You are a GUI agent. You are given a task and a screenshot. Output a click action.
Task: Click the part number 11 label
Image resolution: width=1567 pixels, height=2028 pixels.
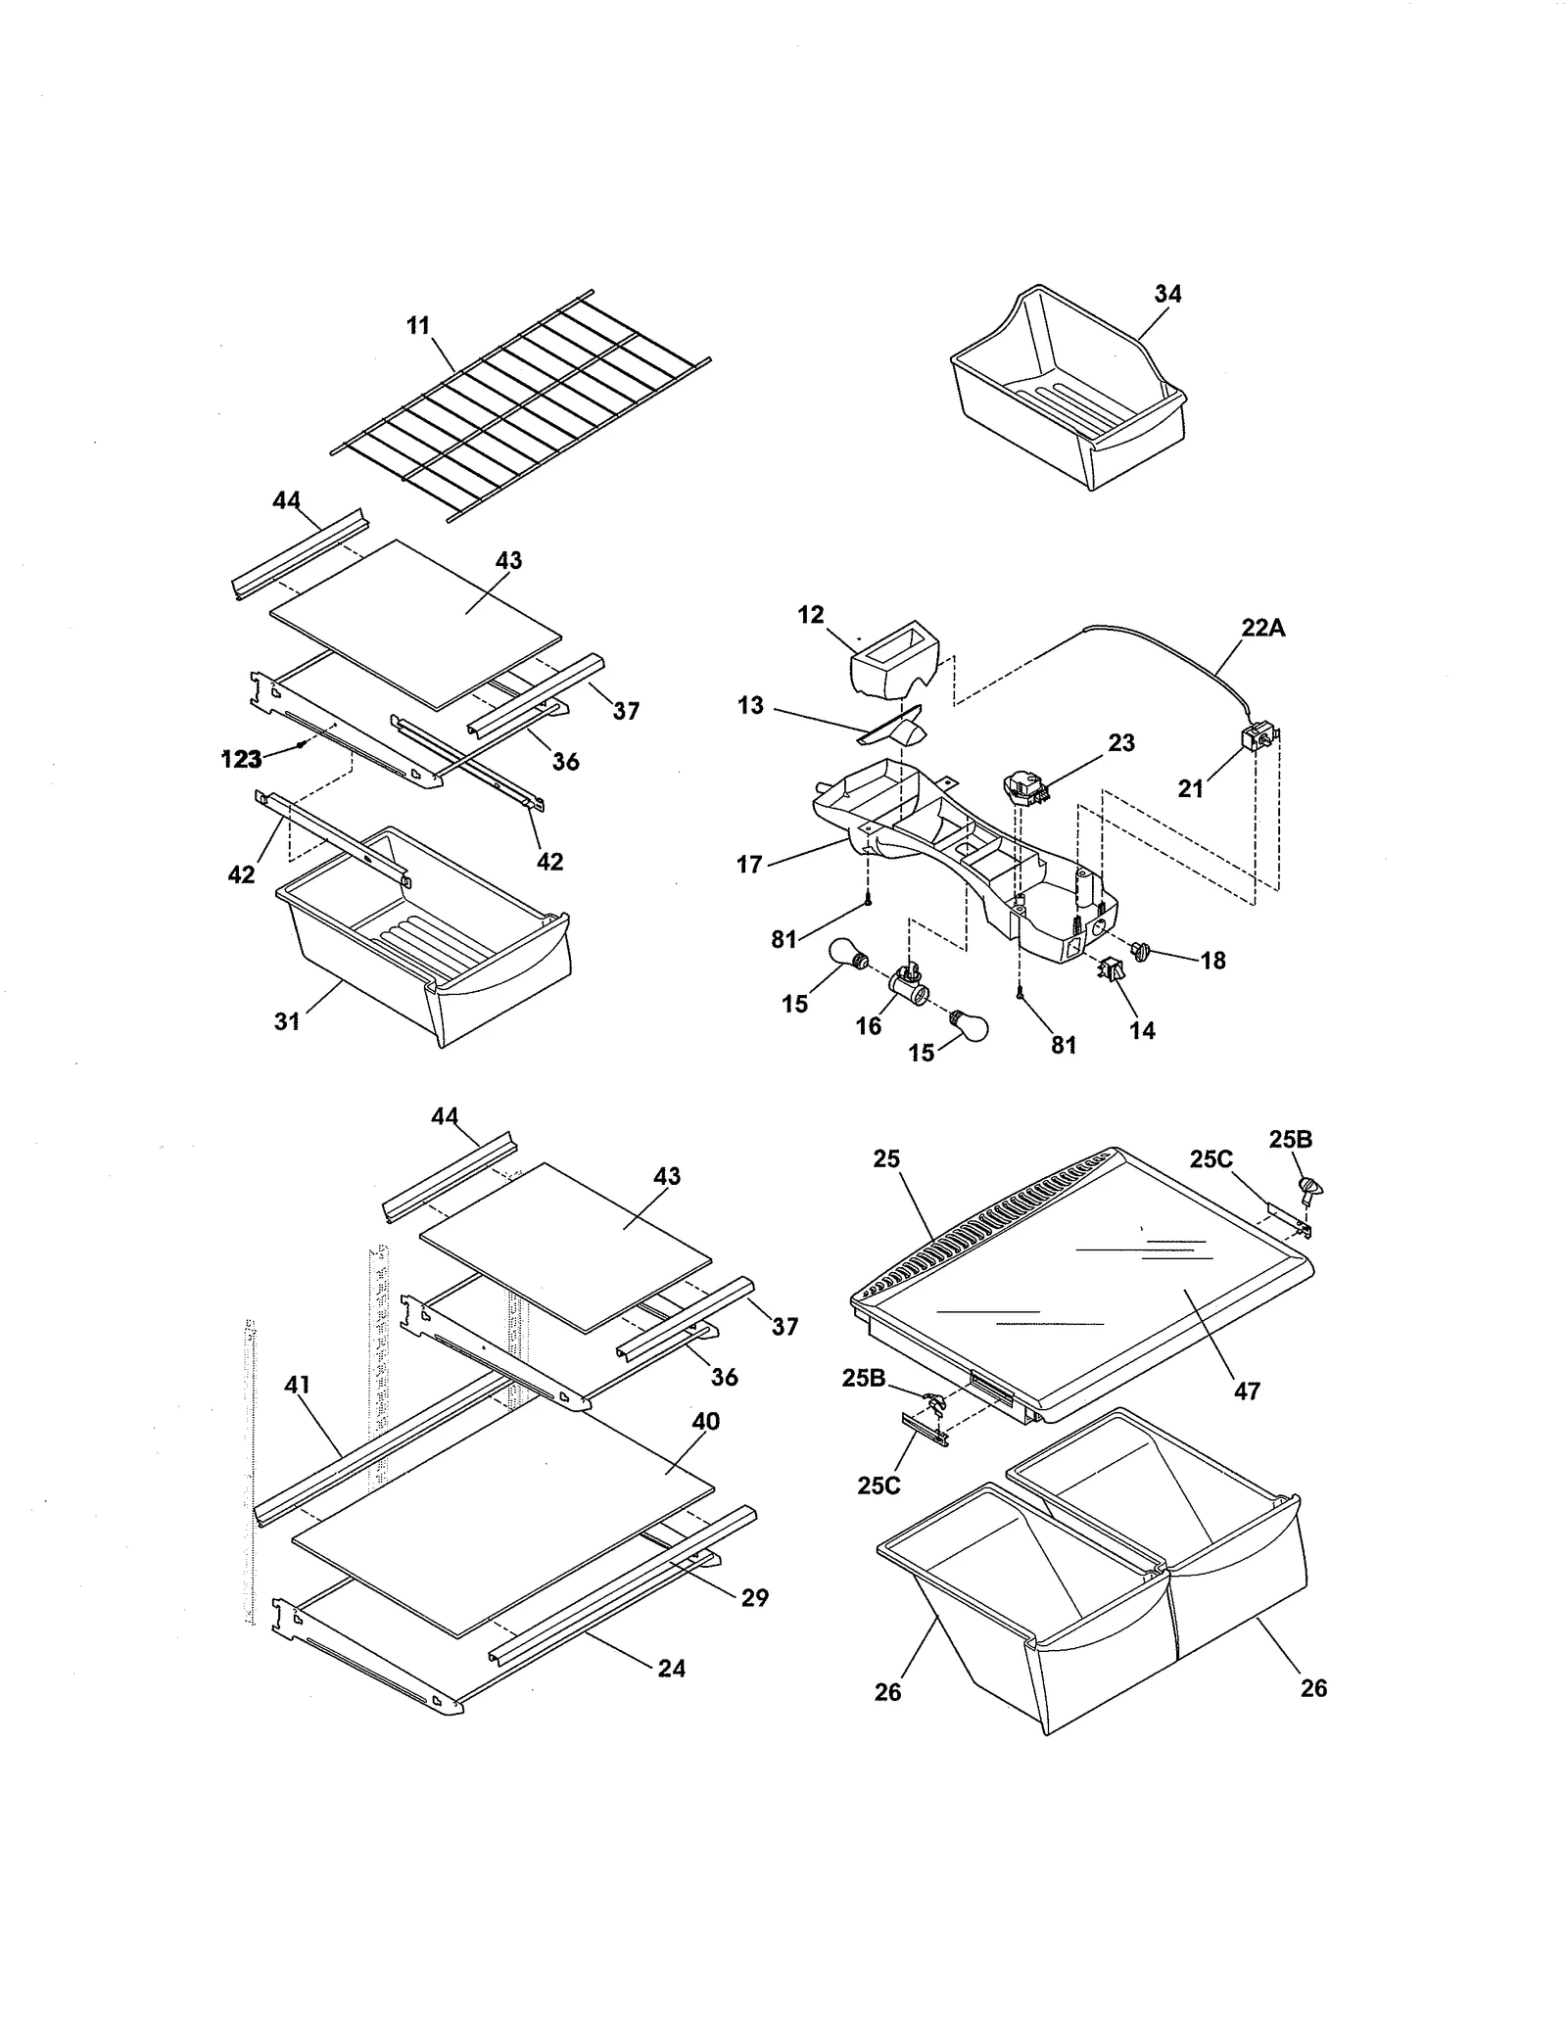click(x=418, y=326)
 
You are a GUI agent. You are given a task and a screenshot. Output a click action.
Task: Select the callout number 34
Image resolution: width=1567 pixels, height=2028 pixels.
click(x=1167, y=294)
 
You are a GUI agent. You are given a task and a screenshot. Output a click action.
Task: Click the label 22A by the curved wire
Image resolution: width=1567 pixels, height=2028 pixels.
click(x=1262, y=628)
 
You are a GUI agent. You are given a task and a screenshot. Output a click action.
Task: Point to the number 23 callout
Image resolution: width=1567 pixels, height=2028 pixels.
click(x=1121, y=743)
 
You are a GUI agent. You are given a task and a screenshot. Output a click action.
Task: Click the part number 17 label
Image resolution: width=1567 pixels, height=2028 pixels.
click(x=749, y=865)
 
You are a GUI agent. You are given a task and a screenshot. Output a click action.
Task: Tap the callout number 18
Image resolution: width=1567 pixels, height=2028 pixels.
click(x=1212, y=961)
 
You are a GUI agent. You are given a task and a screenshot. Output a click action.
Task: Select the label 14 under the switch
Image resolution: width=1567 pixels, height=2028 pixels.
click(x=1142, y=1030)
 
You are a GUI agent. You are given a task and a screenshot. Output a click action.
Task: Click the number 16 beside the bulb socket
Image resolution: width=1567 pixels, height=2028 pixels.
click(x=868, y=1025)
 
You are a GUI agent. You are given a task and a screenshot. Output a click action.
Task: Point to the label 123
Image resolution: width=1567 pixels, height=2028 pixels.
click(x=241, y=759)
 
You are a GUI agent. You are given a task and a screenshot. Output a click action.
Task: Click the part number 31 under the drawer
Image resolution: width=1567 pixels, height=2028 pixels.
click(x=286, y=1021)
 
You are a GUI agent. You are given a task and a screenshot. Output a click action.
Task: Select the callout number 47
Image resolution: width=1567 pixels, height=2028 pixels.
click(x=1247, y=1391)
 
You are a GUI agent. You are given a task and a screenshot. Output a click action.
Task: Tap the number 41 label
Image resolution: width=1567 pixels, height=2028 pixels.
click(x=297, y=1385)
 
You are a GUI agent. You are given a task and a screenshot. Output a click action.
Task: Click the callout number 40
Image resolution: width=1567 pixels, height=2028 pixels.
click(x=705, y=1421)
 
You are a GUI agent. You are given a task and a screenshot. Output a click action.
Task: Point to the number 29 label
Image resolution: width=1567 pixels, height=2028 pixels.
click(x=754, y=1597)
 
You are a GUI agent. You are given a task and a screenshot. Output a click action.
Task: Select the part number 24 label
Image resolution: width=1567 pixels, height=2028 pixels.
click(x=671, y=1668)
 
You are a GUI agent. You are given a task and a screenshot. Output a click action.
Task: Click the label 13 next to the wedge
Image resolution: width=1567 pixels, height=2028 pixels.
click(x=750, y=706)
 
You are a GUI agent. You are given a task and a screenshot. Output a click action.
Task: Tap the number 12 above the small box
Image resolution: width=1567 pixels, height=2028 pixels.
click(x=811, y=615)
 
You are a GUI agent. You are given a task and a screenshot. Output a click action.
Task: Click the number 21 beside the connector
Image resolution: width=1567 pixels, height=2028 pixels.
click(x=1190, y=788)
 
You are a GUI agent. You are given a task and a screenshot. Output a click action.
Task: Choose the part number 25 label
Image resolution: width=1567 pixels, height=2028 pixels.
click(x=886, y=1158)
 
